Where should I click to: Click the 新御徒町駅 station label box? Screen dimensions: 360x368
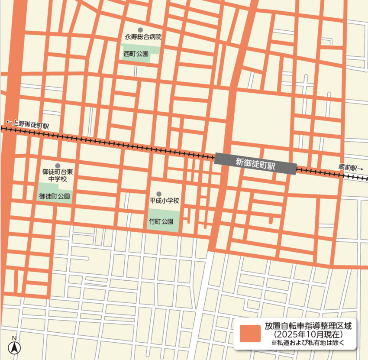[x=255, y=164]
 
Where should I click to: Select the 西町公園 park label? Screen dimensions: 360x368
[x=136, y=54]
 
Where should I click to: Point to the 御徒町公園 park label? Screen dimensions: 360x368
[x=55, y=196]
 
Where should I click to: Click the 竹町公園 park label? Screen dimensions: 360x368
[x=161, y=221]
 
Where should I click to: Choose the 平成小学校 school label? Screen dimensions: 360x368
[x=164, y=201]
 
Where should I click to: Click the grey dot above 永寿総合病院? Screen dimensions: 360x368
[x=140, y=30]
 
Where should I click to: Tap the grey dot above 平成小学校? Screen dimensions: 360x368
[x=159, y=194]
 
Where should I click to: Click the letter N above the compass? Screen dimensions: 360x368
[x=14, y=338]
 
